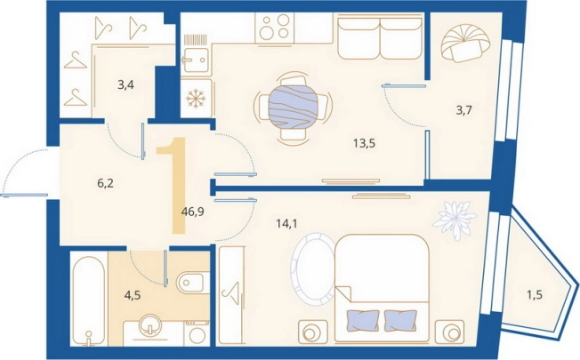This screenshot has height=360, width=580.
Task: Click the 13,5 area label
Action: coord(365,143)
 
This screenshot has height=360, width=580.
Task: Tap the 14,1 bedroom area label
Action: coord(287,223)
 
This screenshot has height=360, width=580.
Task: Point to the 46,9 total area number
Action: coord(193,212)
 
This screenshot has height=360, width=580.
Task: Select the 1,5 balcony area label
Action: coord(535,294)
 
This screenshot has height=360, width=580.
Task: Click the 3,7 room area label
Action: coord(463,109)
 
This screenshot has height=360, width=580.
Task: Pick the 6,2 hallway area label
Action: coord(105,183)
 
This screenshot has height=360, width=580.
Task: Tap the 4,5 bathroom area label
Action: coord(133,296)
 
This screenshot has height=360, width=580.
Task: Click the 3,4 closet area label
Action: coord(125,85)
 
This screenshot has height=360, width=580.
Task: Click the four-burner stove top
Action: coord(274,27)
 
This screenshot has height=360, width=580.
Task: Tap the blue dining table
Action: coord(293,108)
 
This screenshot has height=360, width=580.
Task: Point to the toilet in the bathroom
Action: coord(190,284)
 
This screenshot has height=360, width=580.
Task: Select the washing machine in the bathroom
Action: coord(197,333)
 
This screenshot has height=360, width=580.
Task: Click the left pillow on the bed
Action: coord(363,321)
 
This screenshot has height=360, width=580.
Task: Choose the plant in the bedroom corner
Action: coord(455,220)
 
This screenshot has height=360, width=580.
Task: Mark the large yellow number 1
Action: coord(173,185)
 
